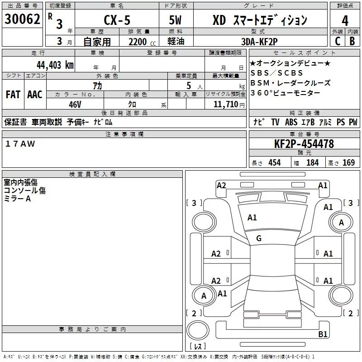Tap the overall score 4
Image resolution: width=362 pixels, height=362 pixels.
[x=345, y=20]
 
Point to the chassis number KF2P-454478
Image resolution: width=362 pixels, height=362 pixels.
[x=304, y=144]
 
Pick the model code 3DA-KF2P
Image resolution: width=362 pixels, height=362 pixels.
[x=259, y=41]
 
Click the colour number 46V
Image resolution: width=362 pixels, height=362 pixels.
[x=75, y=104]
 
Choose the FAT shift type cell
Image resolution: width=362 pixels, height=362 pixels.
[x=13, y=95]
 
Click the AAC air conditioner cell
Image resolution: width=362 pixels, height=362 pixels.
[x=35, y=95]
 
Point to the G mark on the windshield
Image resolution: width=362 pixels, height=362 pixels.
[x=259, y=238]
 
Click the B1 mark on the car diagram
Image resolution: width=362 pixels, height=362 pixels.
[x=323, y=334]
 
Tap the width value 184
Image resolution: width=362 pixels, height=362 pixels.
[x=312, y=163]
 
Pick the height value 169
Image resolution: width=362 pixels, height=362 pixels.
[x=348, y=163]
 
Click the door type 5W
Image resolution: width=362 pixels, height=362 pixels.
[x=176, y=20]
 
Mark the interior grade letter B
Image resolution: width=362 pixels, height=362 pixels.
[x=352, y=41]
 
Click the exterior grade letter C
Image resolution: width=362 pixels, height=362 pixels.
[x=337, y=41]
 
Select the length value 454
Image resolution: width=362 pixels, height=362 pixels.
[x=274, y=163]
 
